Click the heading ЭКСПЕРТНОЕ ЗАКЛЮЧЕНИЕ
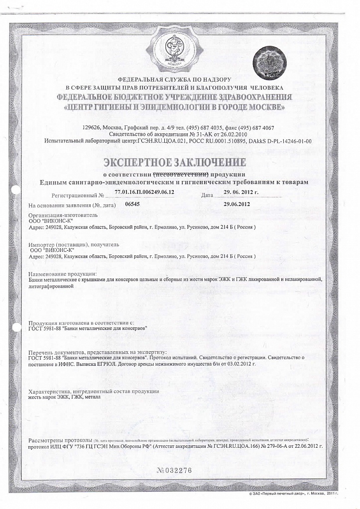coord(174,162)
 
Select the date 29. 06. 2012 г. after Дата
coord(241,192)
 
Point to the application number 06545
coord(132,204)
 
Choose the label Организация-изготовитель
coord(60,215)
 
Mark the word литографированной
coord(48,287)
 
